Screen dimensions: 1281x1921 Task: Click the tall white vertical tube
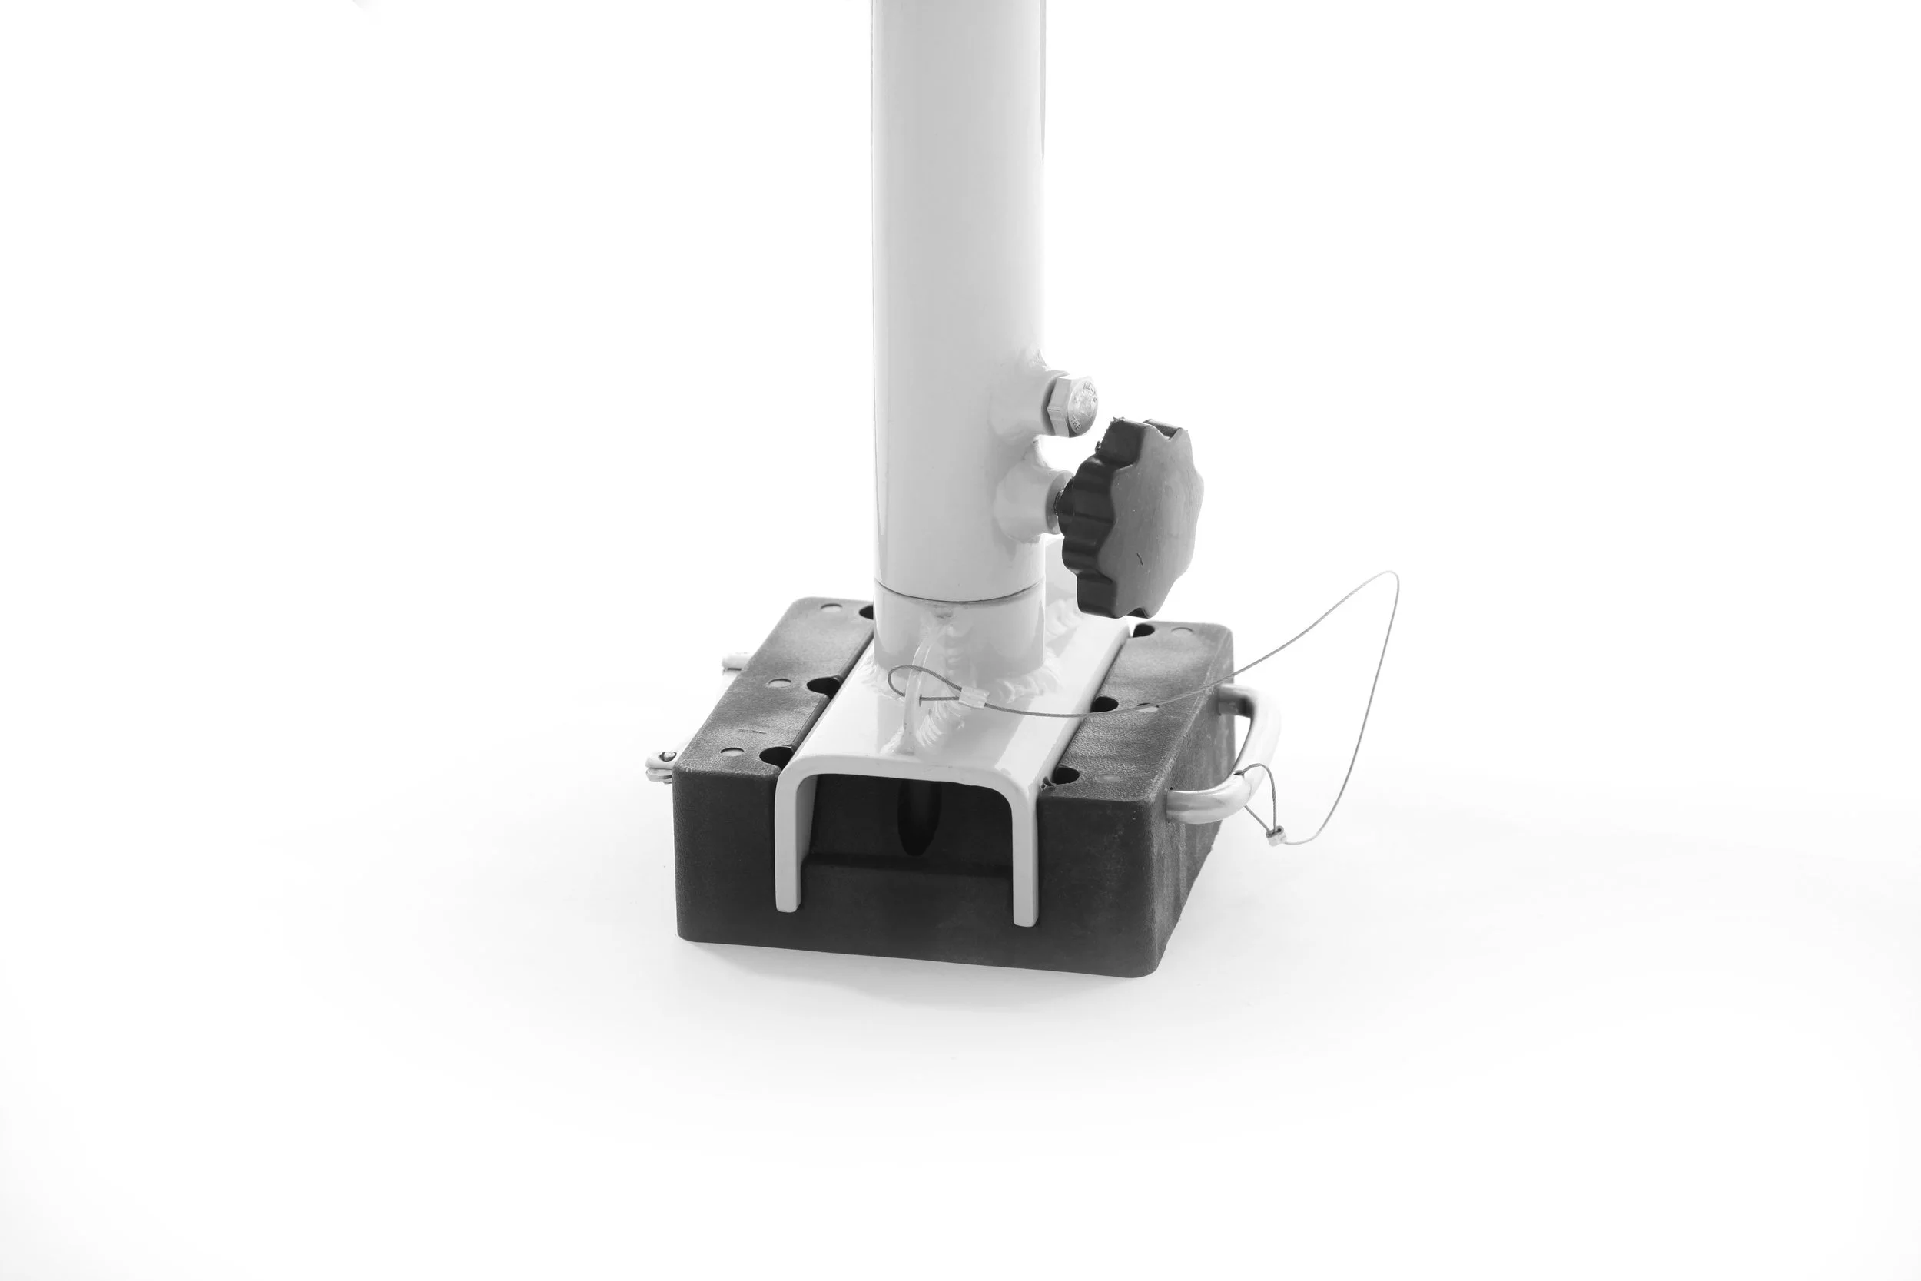[x=956, y=245]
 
